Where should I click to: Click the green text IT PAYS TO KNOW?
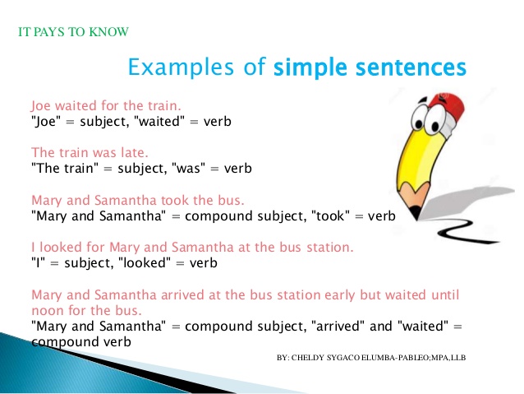coord(73,33)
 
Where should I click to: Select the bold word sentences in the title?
coord(415,66)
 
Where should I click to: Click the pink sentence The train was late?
coord(90,153)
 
